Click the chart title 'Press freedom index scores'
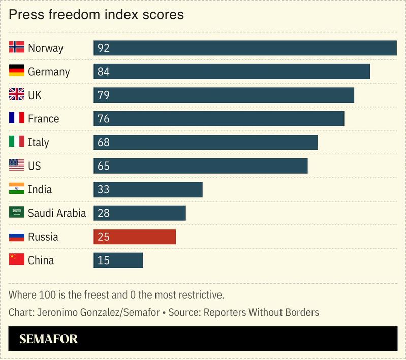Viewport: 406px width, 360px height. pos(96,14)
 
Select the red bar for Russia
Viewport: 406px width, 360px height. pos(135,237)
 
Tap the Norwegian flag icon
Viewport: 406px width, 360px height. pos(17,48)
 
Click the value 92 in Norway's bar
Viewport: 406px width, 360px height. pos(104,48)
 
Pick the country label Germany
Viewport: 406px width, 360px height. pos(49,72)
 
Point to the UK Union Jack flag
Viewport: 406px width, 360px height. pos(17,95)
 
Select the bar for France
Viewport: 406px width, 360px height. pos(218,119)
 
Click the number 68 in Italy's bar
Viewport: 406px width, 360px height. pos(104,143)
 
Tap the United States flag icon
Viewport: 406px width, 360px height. pos(17,166)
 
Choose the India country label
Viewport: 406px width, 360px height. pos(40,190)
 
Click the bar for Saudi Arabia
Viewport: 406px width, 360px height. pos(140,213)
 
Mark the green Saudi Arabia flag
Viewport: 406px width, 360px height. pos(17,213)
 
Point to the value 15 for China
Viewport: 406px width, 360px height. pos(104,260)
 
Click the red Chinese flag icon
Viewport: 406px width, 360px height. pos(17,260)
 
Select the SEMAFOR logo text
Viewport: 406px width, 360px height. pos(49,339)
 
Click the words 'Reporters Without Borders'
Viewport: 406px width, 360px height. pos(261,312)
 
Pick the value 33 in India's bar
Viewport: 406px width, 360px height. pos(104,190)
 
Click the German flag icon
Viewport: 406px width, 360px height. pos(17,71)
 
